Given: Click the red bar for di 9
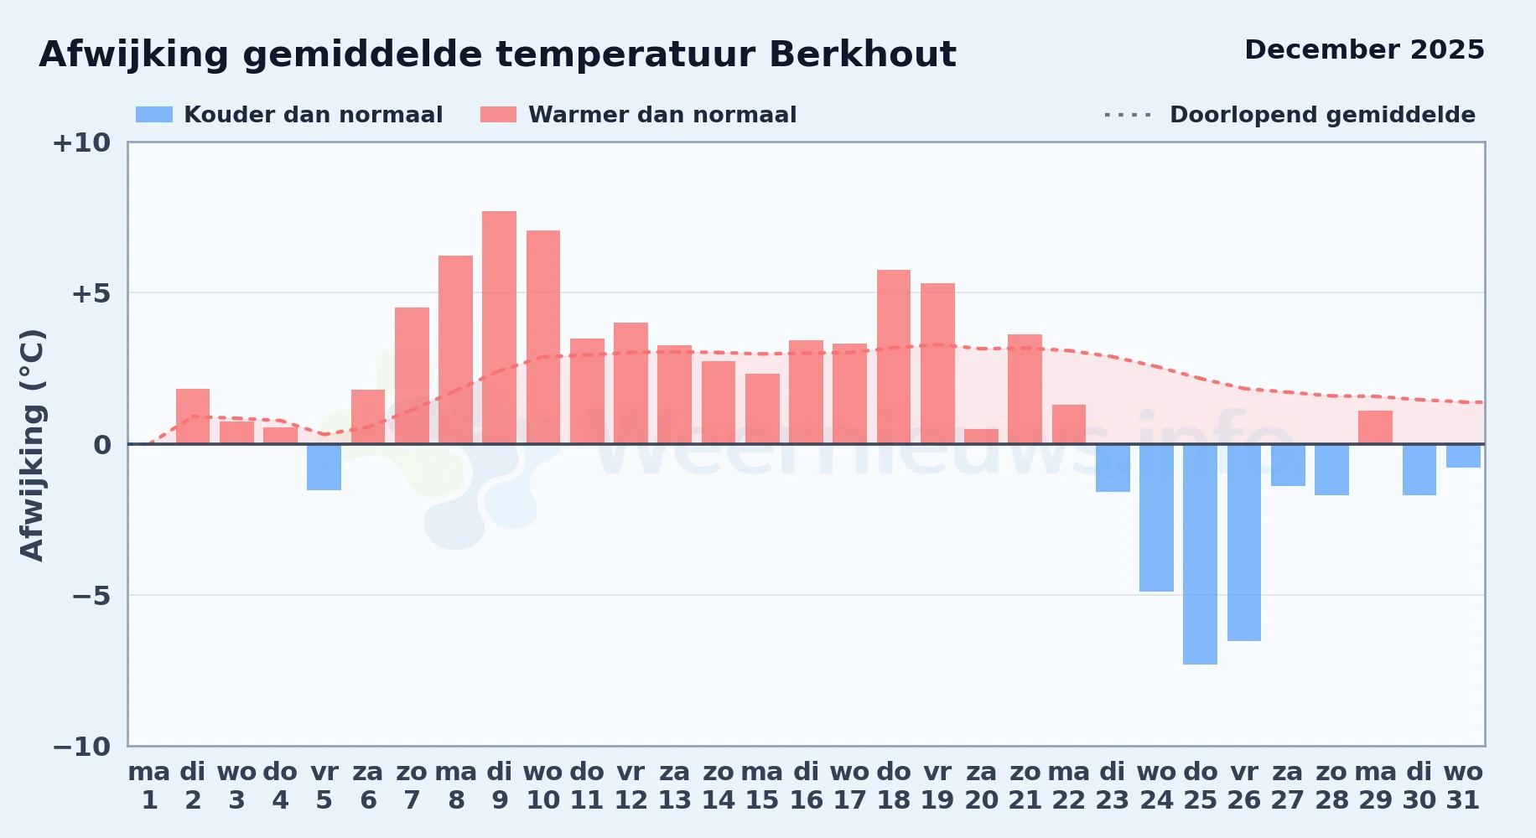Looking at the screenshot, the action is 500,328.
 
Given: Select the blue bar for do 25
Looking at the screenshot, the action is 1200,554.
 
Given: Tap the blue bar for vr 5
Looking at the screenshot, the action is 324,467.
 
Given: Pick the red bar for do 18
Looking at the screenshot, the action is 894,357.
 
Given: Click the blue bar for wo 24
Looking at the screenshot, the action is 1156,518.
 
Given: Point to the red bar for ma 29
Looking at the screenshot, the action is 1375,427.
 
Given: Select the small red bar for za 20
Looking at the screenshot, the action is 981,437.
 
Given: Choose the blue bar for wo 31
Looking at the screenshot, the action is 1463,456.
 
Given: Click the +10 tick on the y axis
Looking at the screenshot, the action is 81,142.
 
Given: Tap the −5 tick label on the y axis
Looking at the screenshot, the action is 91,596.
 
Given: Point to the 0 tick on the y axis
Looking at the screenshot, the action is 102,445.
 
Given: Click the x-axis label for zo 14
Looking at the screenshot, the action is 719,786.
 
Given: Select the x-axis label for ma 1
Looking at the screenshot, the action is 149,786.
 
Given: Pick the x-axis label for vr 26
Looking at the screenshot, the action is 1244,786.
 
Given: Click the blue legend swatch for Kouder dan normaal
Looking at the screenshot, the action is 154,115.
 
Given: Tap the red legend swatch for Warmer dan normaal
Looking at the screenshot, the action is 499,115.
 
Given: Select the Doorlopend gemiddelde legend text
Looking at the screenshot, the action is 1322,115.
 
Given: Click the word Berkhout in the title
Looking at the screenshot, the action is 863,54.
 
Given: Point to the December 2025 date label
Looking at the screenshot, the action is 1364,50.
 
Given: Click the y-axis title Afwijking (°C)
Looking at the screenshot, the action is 32,445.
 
